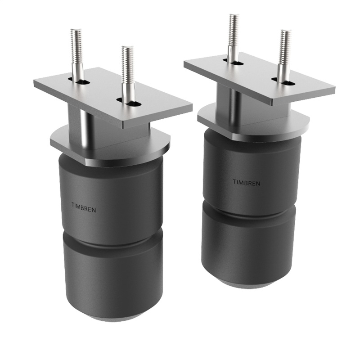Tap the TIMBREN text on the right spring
tap(246, 182)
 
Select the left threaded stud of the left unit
tap(77, 54)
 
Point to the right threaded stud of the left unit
tap(128, 72)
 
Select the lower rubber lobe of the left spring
tap(112, 279)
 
